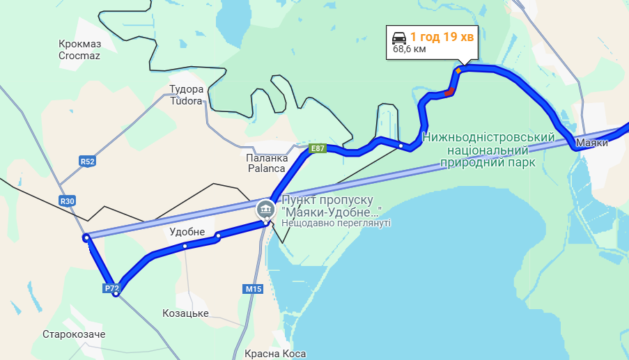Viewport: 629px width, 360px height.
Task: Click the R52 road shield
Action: pyautogui.click(x=87, y=162)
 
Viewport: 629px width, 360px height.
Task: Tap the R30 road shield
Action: pyautogui.click(x=68, y=201)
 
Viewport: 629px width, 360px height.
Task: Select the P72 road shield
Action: pyautogui.click(x=111, y=288)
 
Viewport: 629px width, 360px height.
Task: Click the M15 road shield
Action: pyautogui.click(x=252, y=288)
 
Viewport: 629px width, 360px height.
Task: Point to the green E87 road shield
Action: pyautogui.click(x=318, y=148)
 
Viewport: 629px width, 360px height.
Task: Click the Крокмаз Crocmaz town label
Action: pyautogui.click(x=79, y=49)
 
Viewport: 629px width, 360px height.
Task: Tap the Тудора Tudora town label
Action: pyautogui.click(x=187, y=95)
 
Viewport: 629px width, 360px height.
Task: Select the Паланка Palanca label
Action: pyautogui.click(x=267, y=163)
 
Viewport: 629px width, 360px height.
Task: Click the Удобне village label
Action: pyautogui.click(x=187, y=231)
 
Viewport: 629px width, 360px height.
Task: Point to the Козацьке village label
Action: pyautogui.click(x=185, y=313)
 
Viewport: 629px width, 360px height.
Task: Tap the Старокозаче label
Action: pyautogui.click(x=74, y=335)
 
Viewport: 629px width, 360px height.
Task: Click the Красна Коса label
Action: pyautogui.click(x=275, y=354)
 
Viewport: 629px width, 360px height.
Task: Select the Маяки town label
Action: pyautogui.click(x=592, y=143)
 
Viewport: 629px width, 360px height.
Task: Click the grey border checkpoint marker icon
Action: pyautogui.click(x=265, y=208)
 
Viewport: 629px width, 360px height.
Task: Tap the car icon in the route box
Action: pyautogui.click(x=399, y=37)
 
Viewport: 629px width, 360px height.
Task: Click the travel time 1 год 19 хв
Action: pyautogui.click(x=442, y=37)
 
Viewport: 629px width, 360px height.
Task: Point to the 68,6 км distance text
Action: pyautogui.click(x=410, y=49)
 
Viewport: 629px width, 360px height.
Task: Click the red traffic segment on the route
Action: pyautogui.click(x=449, y=91)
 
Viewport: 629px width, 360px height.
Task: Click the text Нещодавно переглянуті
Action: pyautogui.click(x=336, y=223)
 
